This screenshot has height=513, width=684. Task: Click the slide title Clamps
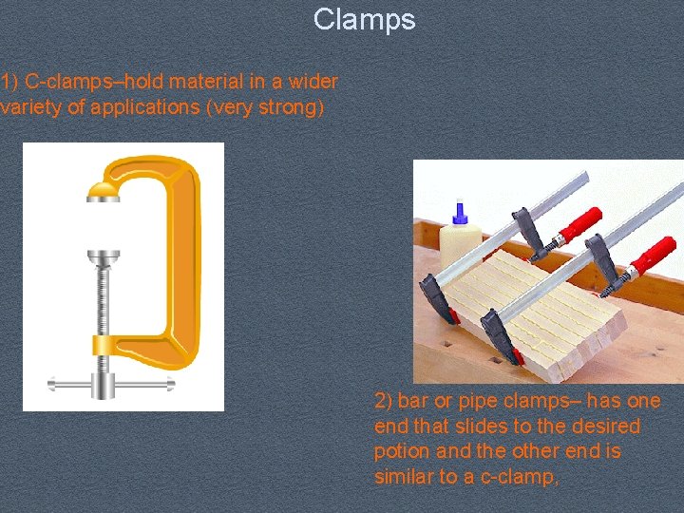click(x=364, y=19)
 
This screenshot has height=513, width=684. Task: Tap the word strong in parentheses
click(x=289, y=106)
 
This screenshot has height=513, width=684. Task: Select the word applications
click(x=144, y=106)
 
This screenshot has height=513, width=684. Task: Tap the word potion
click(x=402, y=451)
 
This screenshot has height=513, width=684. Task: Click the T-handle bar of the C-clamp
click(x=112, y=384)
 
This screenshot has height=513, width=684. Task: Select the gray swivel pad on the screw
click(x=103, y=257)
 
